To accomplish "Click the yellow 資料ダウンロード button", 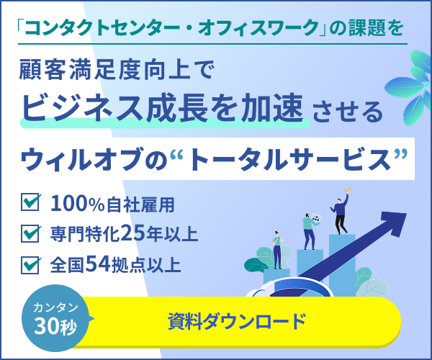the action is pyautogui.click(x=237, y=322).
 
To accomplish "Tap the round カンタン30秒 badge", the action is pyautogui.click(x=55, y=318).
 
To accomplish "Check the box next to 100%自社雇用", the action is pyautogui.click(x=30, y=202).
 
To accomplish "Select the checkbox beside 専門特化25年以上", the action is pyautogui.click(x=30, y=233).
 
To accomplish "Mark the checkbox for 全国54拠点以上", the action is pyautogui.click(x=30, y=265).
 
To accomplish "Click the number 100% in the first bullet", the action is pyautogui.click(x=78, y=204).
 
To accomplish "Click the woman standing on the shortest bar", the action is pyautogui.click(x=277, y=250).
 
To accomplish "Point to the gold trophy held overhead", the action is pyautogui.click(x=347, y=191).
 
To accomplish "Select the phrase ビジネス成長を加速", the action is pyautogui.click(x=163, y=108).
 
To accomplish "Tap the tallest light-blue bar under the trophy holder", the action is pyautogui.click(x=342, y=265).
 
